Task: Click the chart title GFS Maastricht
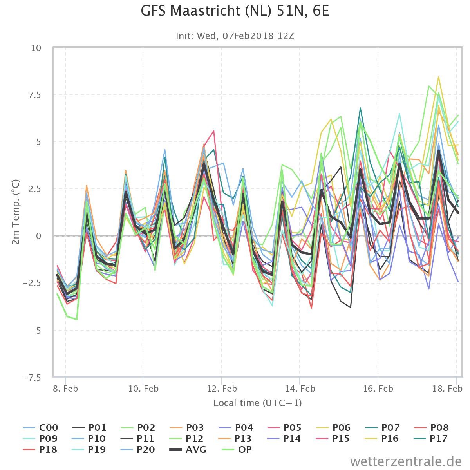click(235, 11)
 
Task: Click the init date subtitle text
click(235, 36)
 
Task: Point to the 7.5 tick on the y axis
click(35, 95)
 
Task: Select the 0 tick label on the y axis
click(38, 236)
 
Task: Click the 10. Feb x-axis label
click(143, 389)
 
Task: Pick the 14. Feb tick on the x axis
click(300, 389)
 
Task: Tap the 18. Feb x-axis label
click(447, 389)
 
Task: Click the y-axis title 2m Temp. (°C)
click(15, 212)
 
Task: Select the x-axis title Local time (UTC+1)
click(258, 403)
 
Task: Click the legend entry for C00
click(40, 428)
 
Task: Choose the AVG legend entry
click(188, 449)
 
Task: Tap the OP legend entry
click(237, 449)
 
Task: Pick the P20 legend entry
click(138, 449)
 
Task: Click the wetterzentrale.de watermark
click(406, 461)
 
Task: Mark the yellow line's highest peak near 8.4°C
click(439, 77)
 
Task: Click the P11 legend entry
click(138, 439)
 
